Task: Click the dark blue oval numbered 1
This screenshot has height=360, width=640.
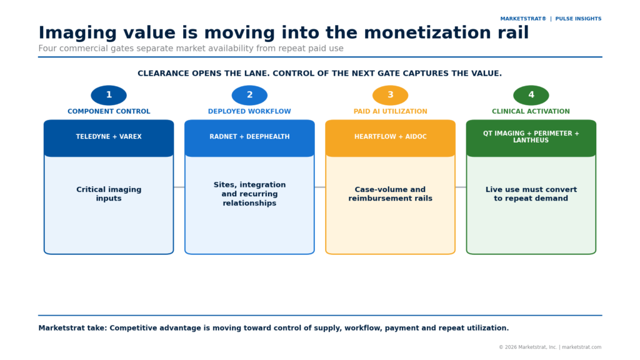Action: click(x=109, y=95)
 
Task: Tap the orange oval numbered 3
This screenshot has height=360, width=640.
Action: click(x=390, y=95)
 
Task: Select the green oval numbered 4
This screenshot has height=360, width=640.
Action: click(x=531, y=95)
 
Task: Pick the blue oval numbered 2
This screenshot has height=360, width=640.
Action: click(x=249, y=95)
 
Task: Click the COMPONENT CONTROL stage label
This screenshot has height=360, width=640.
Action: click(x=109, y=111)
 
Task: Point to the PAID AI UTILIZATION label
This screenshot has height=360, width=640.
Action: click(x=390, y=111)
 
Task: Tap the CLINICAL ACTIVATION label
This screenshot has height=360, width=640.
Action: click(x=531, y=111)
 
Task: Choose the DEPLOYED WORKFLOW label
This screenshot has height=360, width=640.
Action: click(x=249, y=111)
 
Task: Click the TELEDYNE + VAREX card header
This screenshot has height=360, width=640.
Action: click(x=109, y=138)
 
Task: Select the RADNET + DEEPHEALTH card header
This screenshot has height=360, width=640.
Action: click(x=249, y=138)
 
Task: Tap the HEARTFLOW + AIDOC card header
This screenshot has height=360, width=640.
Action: click(x=390, y=138)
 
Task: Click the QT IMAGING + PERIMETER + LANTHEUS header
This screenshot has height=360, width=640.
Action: click(x=531, y=138)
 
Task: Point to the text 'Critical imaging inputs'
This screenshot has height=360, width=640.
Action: click(x=109, y=194)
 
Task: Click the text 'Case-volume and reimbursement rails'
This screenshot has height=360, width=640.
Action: click(x=390, y=194)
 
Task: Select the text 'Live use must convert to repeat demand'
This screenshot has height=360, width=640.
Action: click(x=531, y=194)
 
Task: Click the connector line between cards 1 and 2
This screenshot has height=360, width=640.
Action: click(x=179, y=187)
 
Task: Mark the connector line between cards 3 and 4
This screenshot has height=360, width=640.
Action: click(x=461, y=187)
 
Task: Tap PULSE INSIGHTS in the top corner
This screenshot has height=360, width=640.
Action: click(x=578, y=19)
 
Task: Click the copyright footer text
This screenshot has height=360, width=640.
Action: click(x=550, y=347)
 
